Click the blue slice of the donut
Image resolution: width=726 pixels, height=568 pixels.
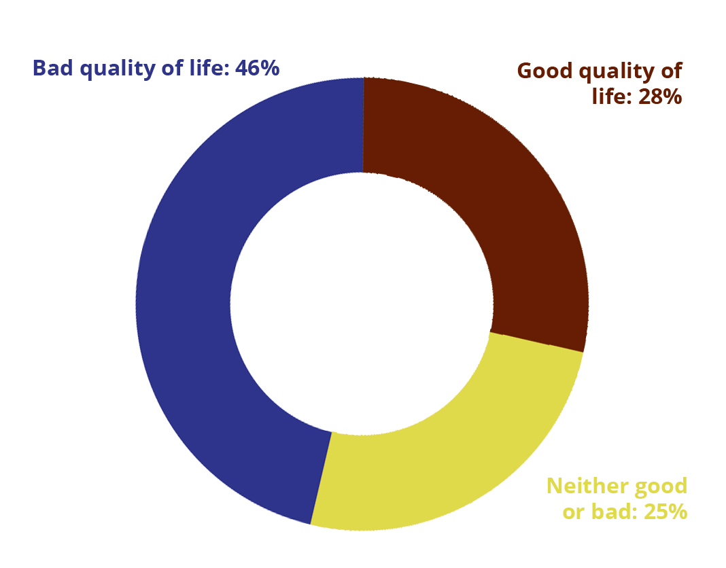click(185, 301)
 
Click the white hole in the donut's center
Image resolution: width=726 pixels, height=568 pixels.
click(362, 304)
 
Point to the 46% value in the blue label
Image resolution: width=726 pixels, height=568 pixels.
click(258, 68)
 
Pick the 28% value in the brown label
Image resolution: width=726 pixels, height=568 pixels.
click(660, 97)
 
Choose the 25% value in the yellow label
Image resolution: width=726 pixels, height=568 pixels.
click(665, 512)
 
